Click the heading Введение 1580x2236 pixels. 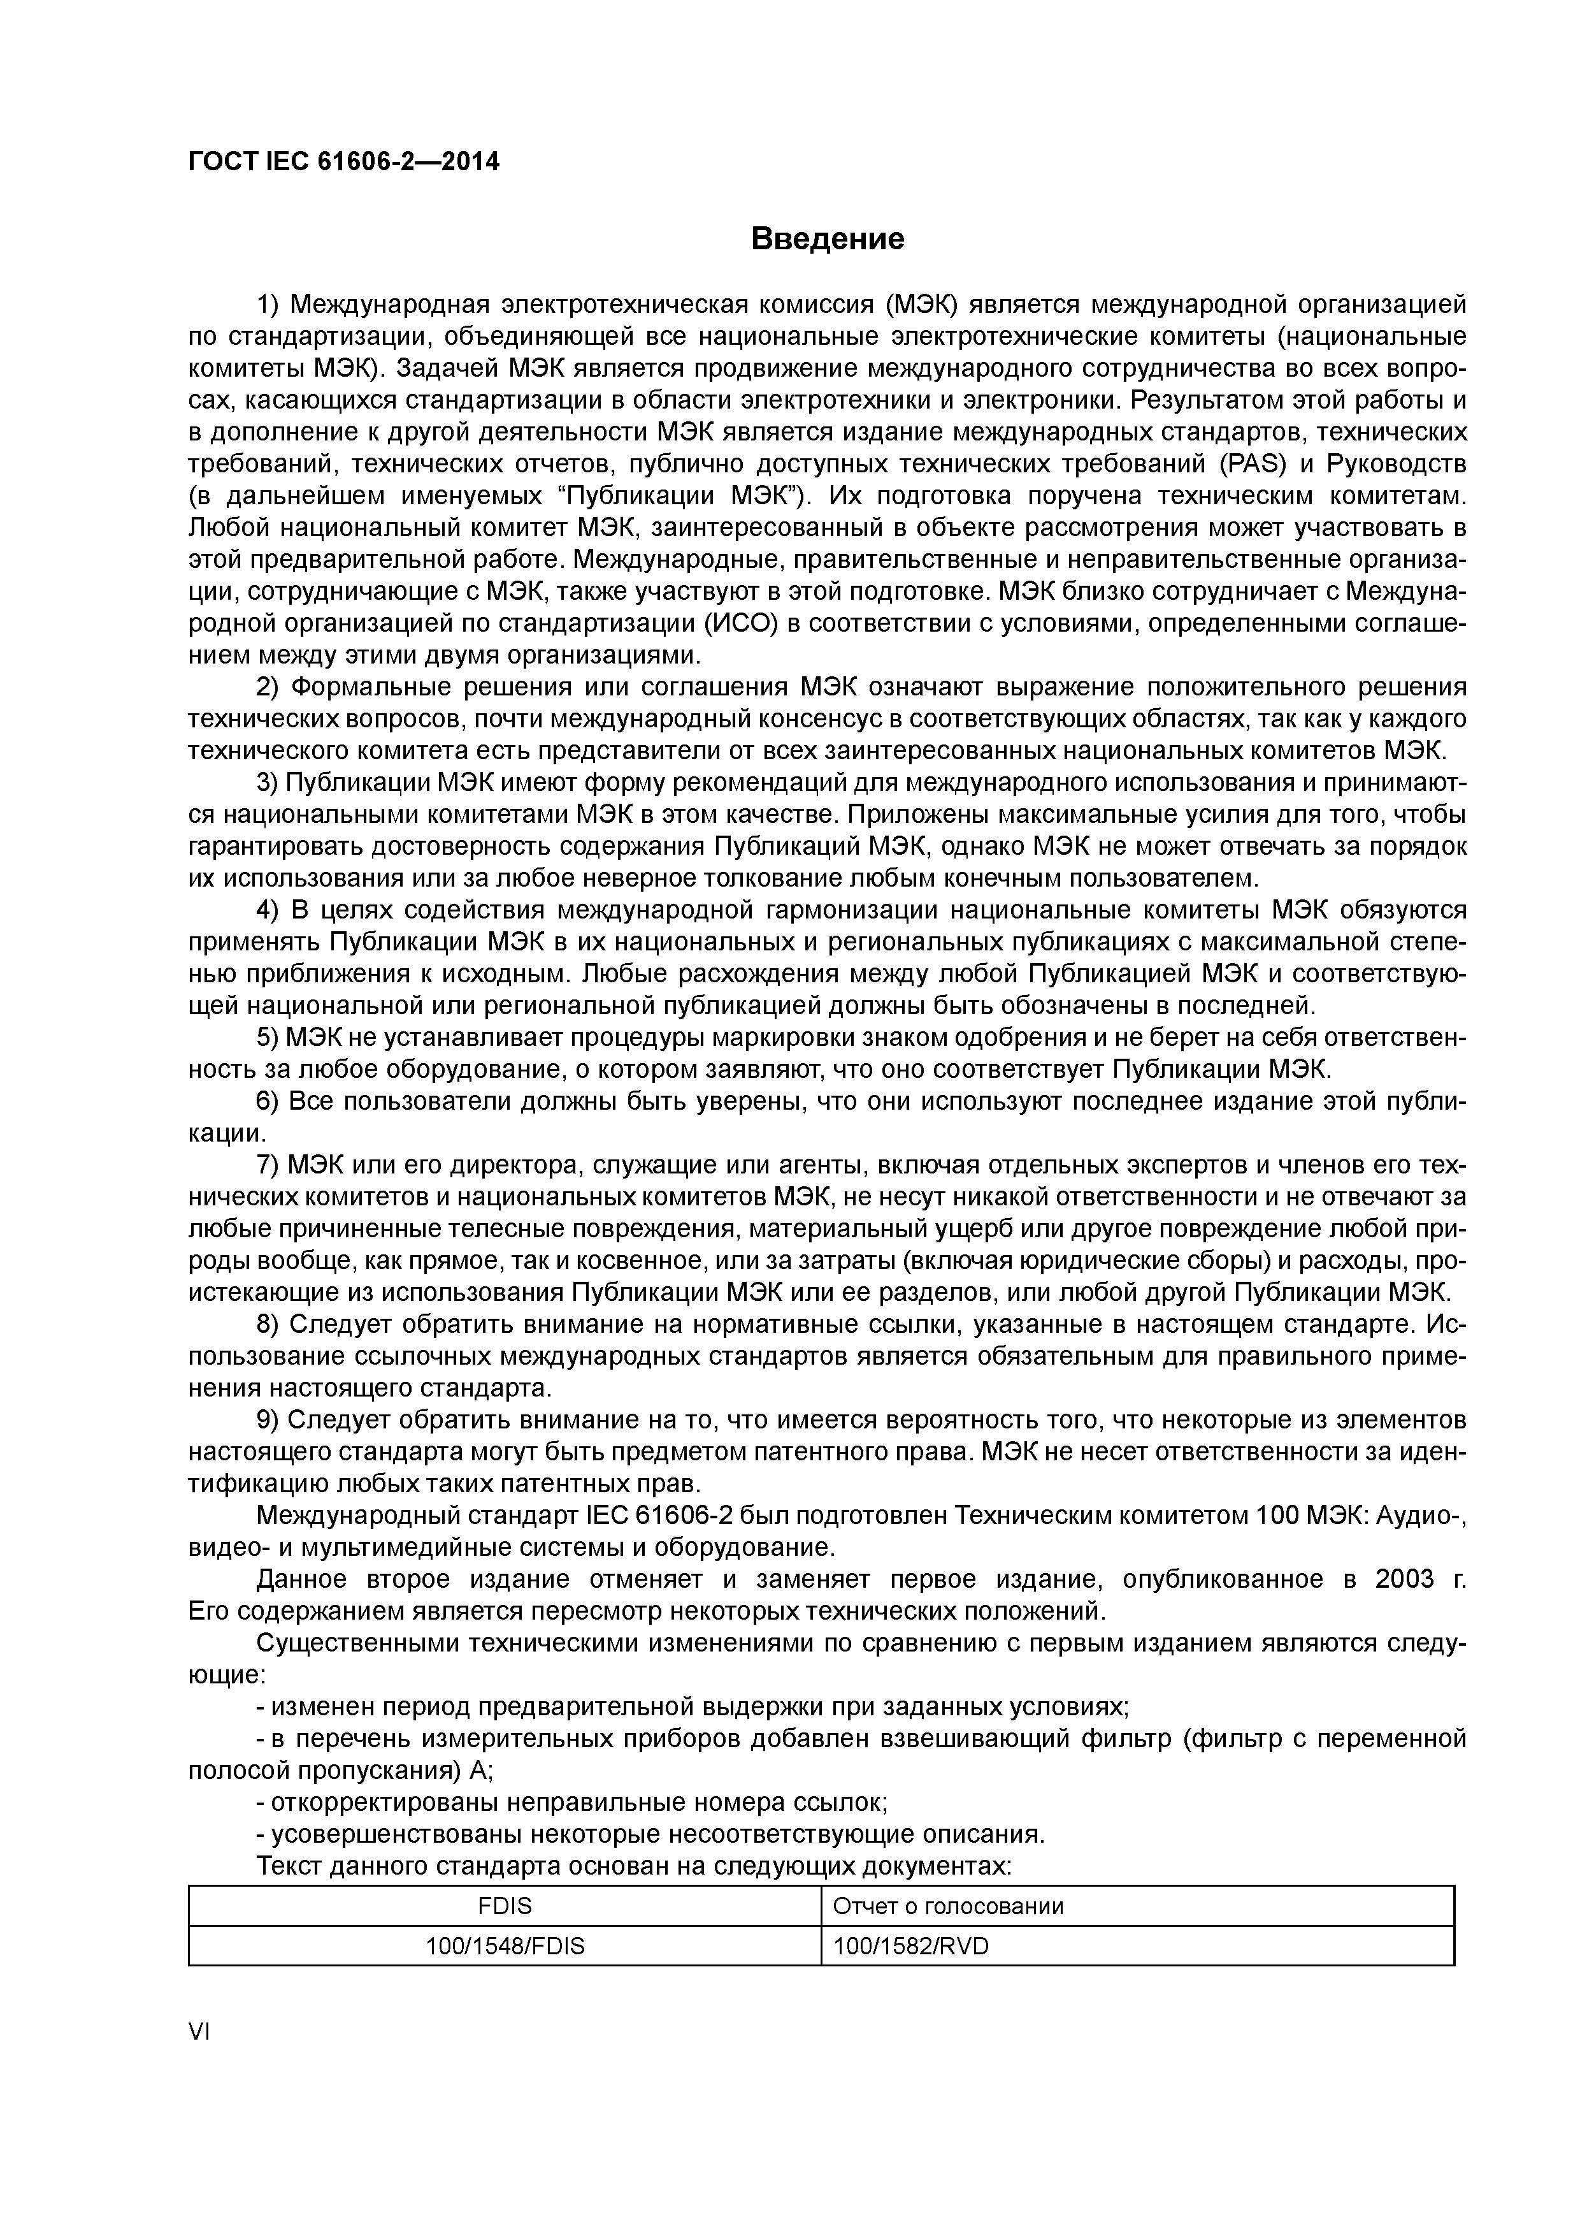[828, 238]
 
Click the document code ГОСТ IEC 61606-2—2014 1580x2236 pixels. [343, 162]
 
